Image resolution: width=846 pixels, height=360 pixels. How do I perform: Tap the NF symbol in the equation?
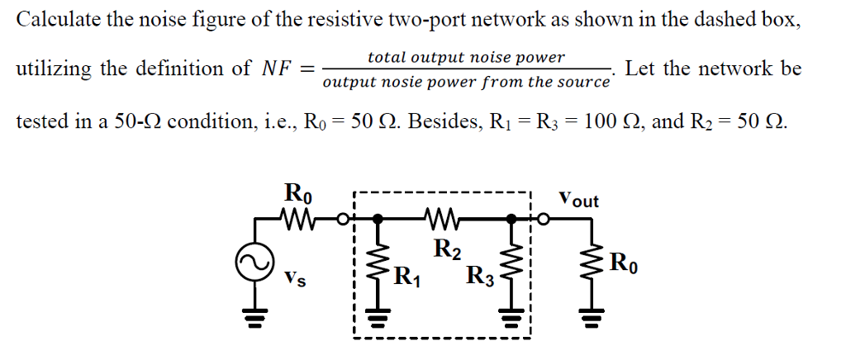[x=278, y=69]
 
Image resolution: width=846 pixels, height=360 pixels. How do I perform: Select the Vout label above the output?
[x=578, y=200]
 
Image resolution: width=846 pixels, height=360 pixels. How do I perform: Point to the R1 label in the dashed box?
[x=406, y=275]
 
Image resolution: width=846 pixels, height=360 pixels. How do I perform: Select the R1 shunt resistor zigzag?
[x=378, y=265]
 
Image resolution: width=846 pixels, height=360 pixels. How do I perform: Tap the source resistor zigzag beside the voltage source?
[x=297, y=220]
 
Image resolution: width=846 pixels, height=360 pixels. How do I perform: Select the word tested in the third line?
[x=41, y=122]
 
